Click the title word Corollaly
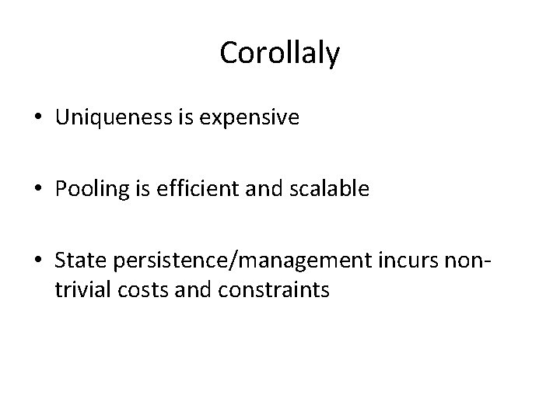tap(279, 53)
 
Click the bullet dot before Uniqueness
tap(37, 119)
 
